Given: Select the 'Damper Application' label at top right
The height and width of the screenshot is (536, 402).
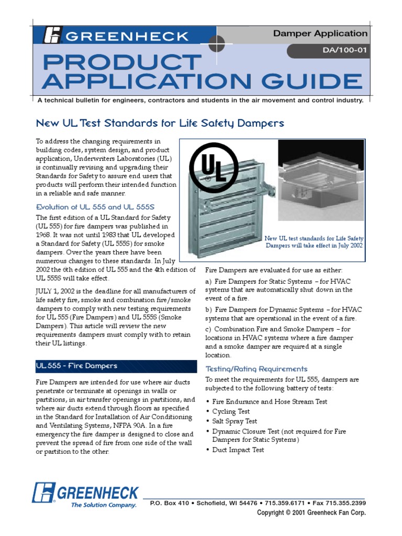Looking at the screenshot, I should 320,34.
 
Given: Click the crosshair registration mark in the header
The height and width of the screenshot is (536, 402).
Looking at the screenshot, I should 216,44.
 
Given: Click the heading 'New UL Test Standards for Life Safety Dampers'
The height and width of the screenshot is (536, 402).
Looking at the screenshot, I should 160,124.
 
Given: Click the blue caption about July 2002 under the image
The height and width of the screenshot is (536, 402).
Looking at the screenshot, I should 314,242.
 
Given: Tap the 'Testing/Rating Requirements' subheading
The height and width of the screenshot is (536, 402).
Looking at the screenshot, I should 256,369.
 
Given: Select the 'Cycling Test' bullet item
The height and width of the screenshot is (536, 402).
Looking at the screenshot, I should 231,411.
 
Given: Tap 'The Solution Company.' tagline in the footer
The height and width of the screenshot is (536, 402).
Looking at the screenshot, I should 103,505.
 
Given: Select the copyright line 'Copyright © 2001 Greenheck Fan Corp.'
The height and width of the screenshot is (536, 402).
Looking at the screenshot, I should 311,513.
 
